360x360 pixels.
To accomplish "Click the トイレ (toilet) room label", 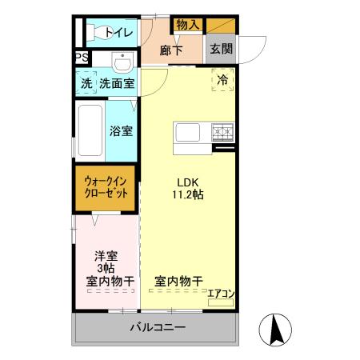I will pos(119,33).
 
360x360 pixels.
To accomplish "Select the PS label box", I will pos(81,58).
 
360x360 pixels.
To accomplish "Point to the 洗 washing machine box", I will pos(86,83).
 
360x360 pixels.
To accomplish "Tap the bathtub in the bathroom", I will pos(90,130).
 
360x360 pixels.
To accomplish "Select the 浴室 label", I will pos(121,130).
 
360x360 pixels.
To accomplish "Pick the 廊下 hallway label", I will pos(172,50).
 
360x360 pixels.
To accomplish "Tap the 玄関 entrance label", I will pos(221,49).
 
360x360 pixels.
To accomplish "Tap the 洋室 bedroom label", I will pos(106,256).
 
